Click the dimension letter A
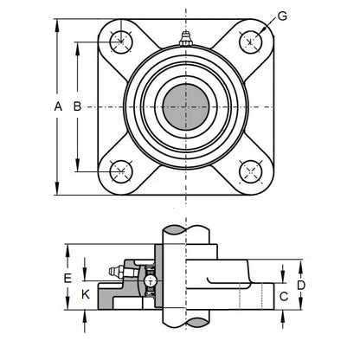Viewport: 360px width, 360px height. [x=58, y=106]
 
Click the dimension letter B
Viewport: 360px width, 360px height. [x=76, y=106]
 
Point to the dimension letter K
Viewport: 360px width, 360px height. [x=84, y=294]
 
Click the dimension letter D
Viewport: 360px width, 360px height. [x=300, y=284]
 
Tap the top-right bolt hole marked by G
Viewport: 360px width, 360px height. [x=251, y=40]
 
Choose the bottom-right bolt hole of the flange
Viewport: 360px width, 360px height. [x=251, y=170]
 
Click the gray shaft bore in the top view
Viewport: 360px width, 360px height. [x=185, y=105]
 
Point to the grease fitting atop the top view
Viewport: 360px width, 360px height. [x=185, y=38]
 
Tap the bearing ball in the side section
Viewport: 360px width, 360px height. [x=151, y=281]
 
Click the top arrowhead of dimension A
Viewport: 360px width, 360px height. [x=58, y=19]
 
